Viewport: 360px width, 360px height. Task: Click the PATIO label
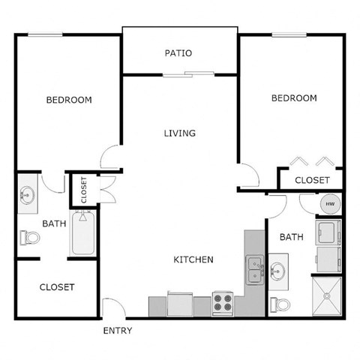178,53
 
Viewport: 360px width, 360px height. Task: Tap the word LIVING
180,133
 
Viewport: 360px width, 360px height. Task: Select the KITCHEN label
193,259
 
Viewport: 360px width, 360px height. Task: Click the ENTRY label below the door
118,330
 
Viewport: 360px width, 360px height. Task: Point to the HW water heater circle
329,204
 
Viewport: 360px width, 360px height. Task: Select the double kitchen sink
254,266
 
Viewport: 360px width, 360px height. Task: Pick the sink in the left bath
28,195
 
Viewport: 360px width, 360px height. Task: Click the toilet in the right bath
279,304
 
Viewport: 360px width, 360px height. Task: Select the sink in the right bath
277,271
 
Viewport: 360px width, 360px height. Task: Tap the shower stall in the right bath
326,298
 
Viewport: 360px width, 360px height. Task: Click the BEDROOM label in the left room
69,100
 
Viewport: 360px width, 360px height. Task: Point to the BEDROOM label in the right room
294,98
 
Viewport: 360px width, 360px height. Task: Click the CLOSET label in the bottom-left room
56,286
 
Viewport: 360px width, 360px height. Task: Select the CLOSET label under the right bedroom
312,180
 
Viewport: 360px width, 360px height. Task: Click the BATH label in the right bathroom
291,237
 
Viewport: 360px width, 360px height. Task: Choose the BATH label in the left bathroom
54,223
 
